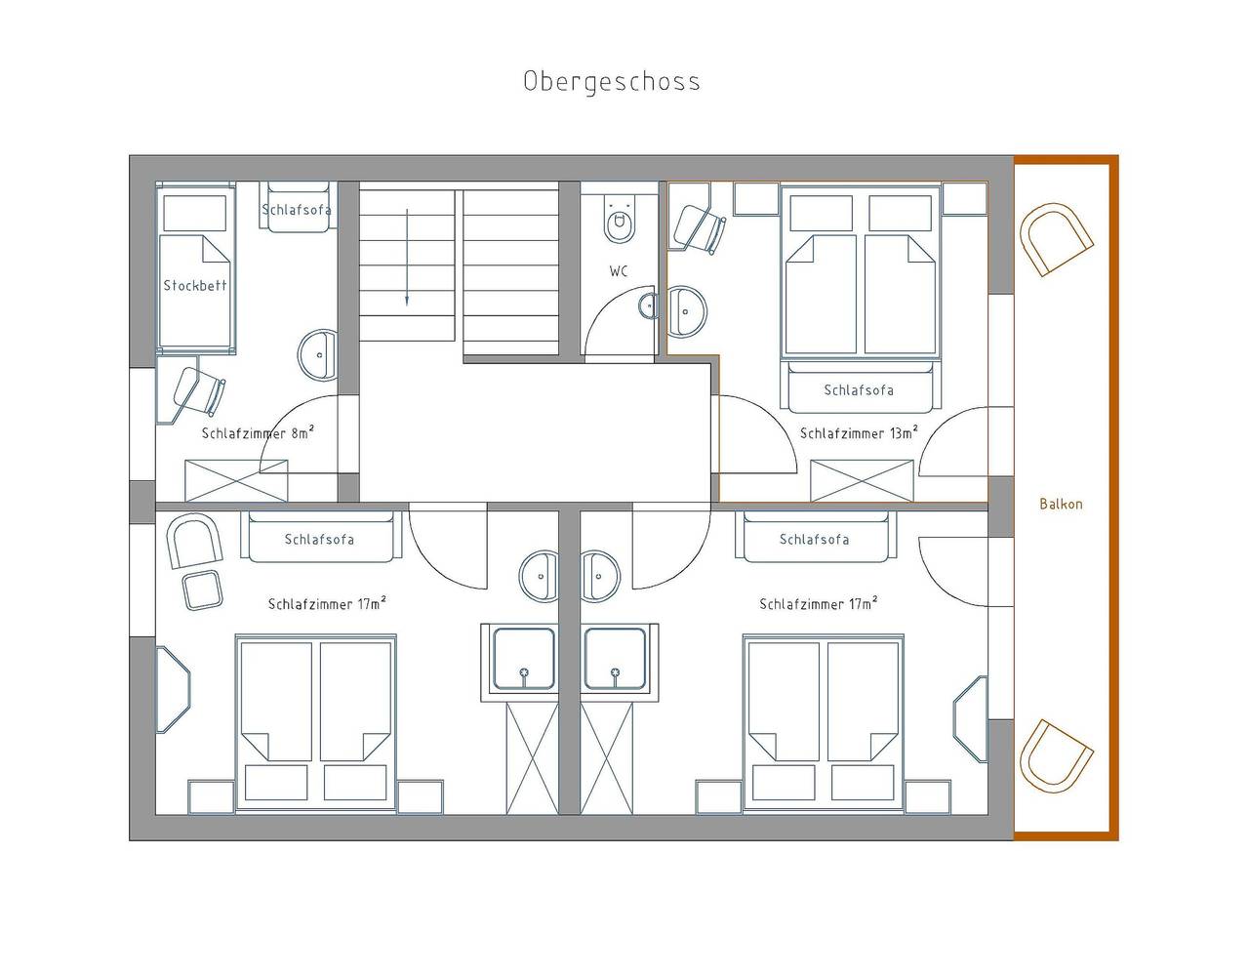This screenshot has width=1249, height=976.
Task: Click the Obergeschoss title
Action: (612, 82)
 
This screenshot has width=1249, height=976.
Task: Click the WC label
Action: (619, 271)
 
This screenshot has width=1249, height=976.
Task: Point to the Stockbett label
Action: (195, 285)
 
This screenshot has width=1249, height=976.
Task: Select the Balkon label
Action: (1061, 504)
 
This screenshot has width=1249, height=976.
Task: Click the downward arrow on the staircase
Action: (407, 257)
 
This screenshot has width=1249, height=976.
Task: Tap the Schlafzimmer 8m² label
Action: (258, 432)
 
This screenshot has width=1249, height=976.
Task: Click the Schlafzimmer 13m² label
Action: (859, 432)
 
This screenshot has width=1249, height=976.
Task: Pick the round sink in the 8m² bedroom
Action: (318, 354)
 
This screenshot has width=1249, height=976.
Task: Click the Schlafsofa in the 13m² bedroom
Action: (860, 387)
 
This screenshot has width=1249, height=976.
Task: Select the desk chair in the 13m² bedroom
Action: (700, 227)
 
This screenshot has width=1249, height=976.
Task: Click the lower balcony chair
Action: (1055, 754)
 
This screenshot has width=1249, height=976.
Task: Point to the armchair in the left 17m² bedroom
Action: (194, 541)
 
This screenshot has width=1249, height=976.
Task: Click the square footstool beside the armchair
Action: (202, 590)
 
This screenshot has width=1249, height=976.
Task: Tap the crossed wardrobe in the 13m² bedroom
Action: (862, 480)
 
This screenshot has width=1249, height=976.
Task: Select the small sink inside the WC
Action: (647, 305)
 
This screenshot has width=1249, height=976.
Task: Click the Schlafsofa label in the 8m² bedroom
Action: (297, 210)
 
